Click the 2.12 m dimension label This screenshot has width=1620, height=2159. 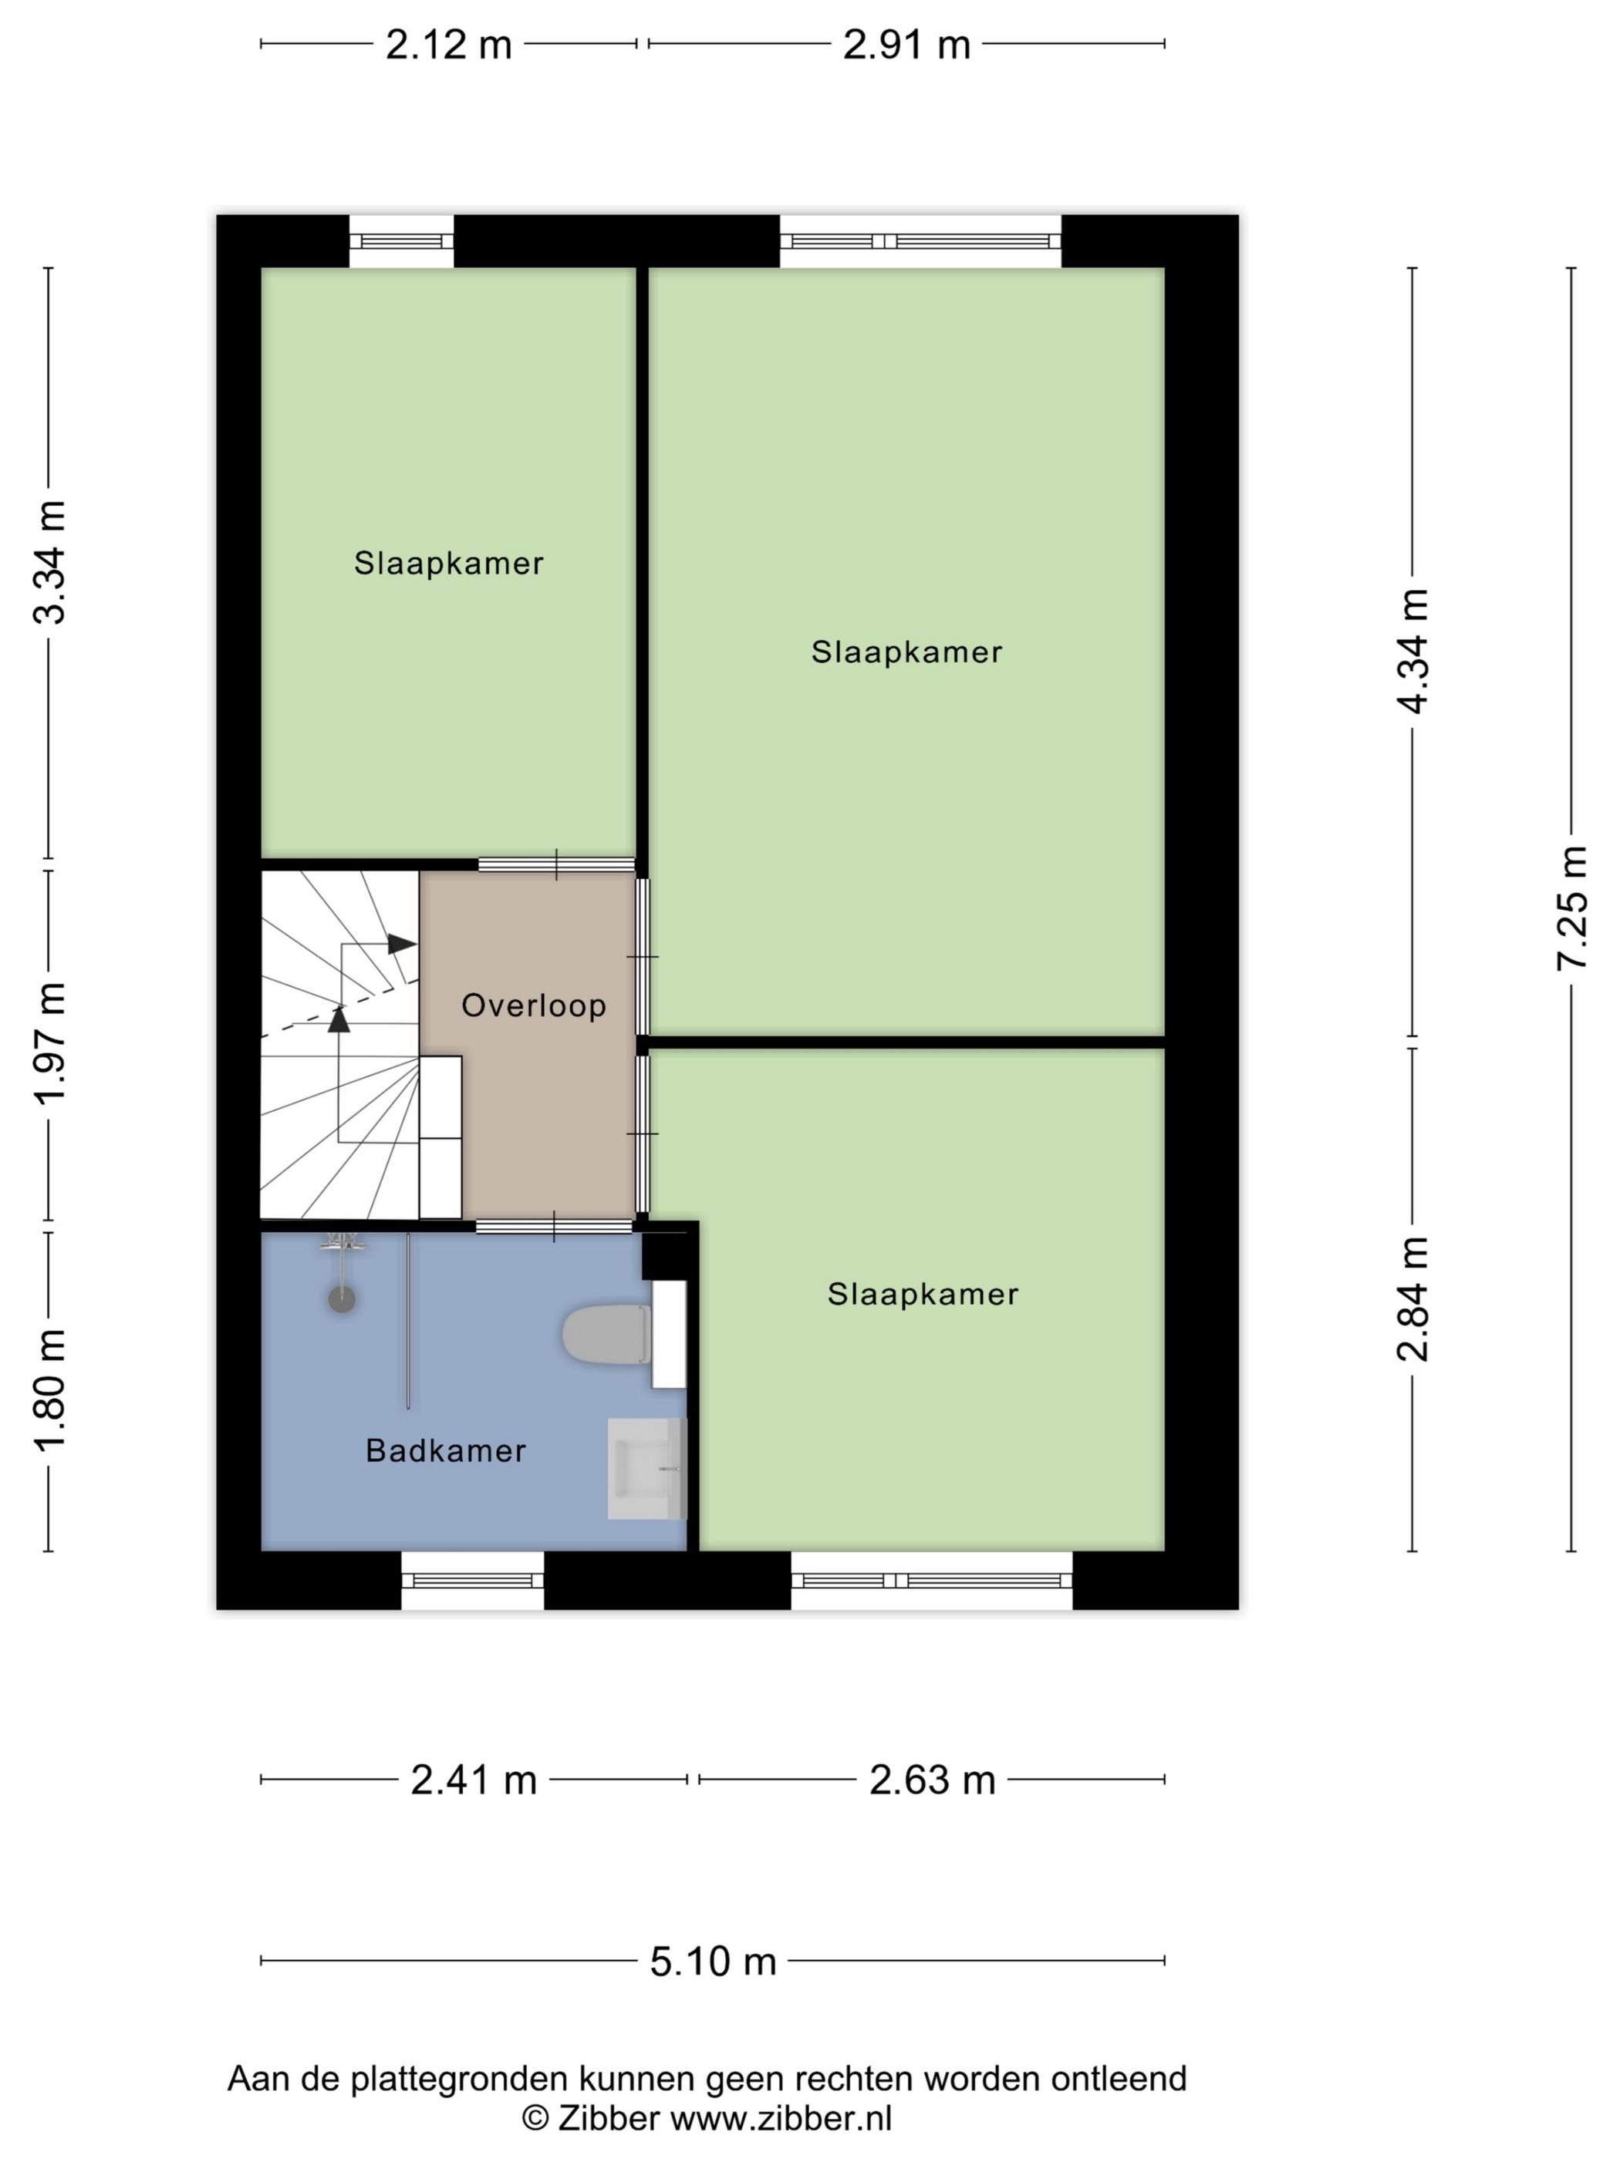pyautogui.click(x=448, y=45)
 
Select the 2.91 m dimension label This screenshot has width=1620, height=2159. pyautogui.click(x=906, y=45)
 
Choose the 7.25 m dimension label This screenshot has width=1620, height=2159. pyautogui.click(x=1571, y=908)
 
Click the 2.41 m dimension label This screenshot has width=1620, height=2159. pyautogui.click(x=474, y=1780)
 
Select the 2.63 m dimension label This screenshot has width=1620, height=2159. pyautogui.click(x=933, y=1780)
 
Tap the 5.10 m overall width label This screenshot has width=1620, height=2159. pyautogui.click(x=713, y=1961)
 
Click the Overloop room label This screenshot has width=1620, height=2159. pyautogui.click(x=533, y=1005)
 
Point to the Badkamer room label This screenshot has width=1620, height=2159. pyautogui.click(x=445, y=1450)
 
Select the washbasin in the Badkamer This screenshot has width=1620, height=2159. pyautogui.click(x=646, y=1469)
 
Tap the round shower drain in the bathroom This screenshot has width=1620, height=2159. pyautogui.click(x=342, y=1299)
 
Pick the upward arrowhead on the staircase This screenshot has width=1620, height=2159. pyautogui.click(x=339, y=1019)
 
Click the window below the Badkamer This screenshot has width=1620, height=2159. pyautogui.click(x=473, y=1580)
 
